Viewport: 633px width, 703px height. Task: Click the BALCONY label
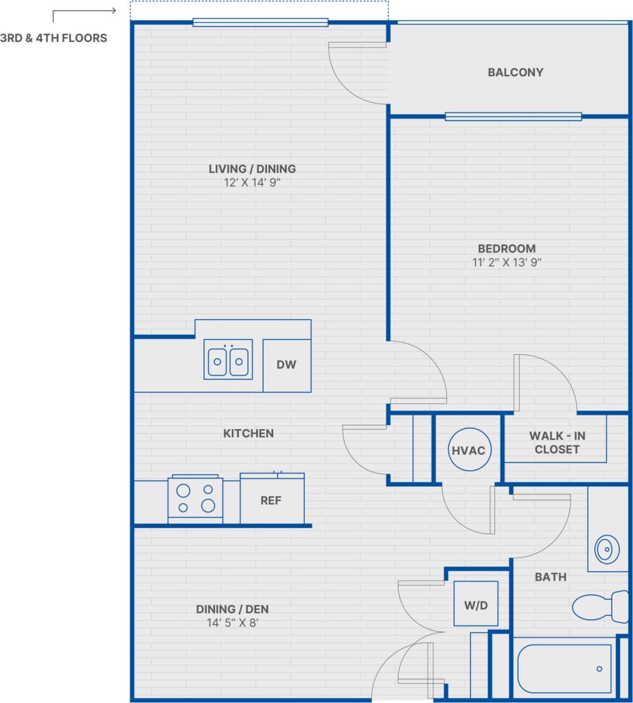pos(515,72)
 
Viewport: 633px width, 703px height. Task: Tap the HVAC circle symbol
pos(468,450)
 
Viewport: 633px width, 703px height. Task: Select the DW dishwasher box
pos(286,365)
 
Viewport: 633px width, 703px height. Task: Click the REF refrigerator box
pos(271,500)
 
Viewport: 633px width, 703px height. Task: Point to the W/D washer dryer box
pos(475,604)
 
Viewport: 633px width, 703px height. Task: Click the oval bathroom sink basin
pos(606,549)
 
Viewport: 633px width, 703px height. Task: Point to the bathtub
pos(564,669)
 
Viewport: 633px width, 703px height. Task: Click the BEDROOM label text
pos(507,249)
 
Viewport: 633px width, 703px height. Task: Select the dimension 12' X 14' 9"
pos(252,183)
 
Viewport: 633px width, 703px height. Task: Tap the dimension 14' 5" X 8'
pos(232,623)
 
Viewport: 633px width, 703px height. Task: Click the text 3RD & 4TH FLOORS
pos(54,38)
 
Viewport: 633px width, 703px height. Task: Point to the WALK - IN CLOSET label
pos(557,443)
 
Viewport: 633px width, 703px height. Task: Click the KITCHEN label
pos(248,433)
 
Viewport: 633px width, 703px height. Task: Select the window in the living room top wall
pos(260,23)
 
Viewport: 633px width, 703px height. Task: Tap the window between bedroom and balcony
pos(513,117)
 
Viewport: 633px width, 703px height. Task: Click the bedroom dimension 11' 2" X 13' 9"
pos(507,262)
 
